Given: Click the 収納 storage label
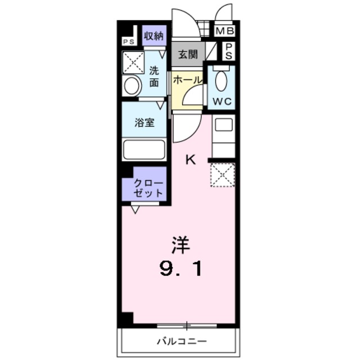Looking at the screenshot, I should pos(153,37).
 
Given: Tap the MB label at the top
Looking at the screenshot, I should pos(224,31).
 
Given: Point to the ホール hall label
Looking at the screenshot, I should pos(187,80).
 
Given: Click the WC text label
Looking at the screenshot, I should pos(223,102).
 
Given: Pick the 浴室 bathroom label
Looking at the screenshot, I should pos(145,123).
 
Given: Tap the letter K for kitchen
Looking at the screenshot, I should pos(191,160).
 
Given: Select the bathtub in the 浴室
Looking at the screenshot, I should pos(144,150).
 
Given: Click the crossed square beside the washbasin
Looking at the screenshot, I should pos(133,62).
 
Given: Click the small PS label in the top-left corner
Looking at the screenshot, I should pos(129,40).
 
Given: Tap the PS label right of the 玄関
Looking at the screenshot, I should pos(229,52).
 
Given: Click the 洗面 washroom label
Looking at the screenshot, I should pos(154,76).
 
